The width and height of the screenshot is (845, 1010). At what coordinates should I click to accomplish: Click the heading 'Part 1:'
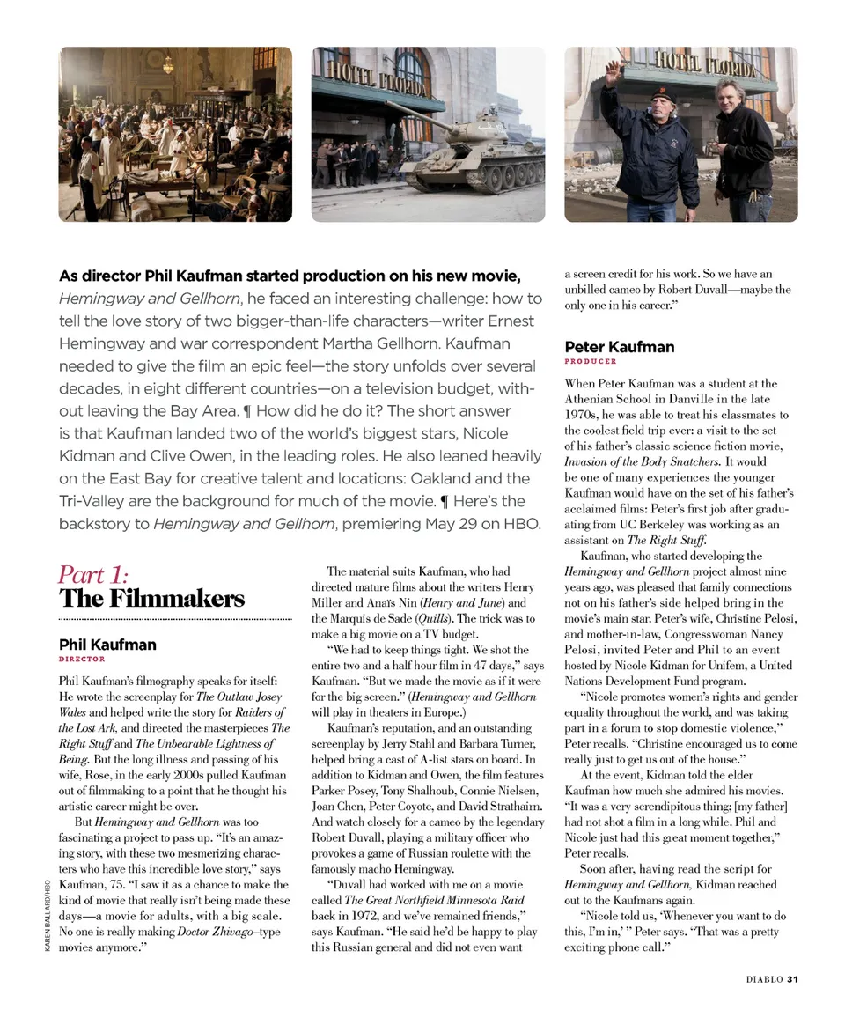[x=93, y=575]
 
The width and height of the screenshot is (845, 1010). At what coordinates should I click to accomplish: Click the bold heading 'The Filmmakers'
[x=151, y=600]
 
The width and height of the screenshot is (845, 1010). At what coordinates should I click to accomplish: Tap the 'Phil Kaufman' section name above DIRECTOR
[x=107, y=645]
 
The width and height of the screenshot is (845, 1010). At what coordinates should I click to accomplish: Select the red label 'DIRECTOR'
[x=82, y=659]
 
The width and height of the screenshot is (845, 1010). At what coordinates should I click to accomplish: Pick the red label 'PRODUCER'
[x=591, y=361]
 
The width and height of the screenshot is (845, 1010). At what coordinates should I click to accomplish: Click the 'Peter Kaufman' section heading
[x=620, y=347]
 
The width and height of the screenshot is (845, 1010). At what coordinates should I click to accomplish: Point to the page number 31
[x=792, y=978]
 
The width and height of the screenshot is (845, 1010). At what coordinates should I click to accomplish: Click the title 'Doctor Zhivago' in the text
[x=212, y=932]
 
